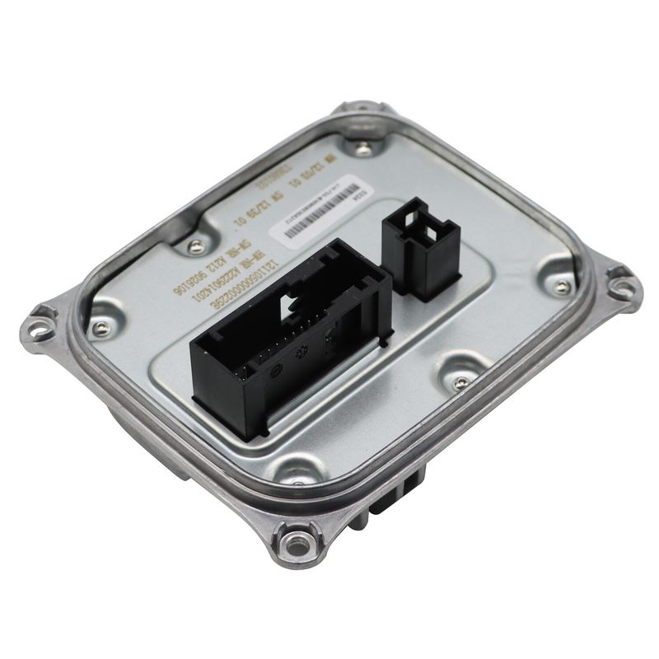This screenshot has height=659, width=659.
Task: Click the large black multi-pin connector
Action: click(288, 346)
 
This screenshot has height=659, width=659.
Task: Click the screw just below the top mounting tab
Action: click(364, 148)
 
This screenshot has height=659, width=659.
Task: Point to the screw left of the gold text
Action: click(194, 245)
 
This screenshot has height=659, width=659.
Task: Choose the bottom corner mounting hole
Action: click(290, 542)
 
